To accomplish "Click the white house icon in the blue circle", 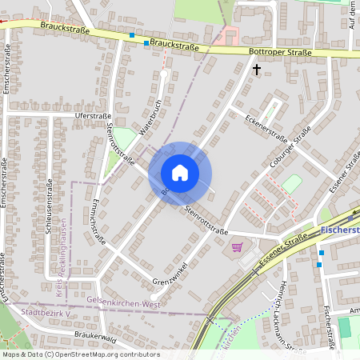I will point(180,173).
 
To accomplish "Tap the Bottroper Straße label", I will point(278,52).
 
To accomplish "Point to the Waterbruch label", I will point(150,118).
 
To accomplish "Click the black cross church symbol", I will point(257,70).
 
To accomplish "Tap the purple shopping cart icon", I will point(237,247).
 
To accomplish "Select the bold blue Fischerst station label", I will point(337,230).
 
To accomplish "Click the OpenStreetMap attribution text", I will point(80,354).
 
